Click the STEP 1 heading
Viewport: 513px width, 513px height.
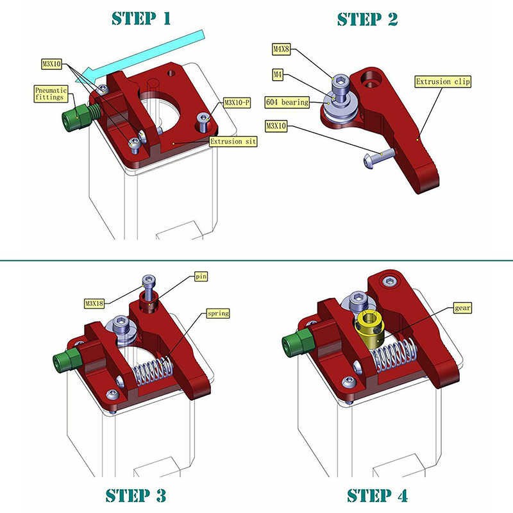click(141, 19)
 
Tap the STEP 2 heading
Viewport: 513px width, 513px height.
click(367, 19)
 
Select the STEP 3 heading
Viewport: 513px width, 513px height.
click(136, 495)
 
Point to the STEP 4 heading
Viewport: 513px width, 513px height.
click(377, 495)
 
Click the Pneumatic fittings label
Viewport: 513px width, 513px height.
click(51, 94)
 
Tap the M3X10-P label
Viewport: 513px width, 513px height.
click(237, 103)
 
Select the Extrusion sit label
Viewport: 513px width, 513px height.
click(233, 141)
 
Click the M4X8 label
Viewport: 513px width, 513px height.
click(282, 49)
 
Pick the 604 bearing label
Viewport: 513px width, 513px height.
click(287, 102)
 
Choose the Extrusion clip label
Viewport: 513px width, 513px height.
click(443, 81)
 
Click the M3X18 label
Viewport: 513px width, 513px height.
click(94, 303)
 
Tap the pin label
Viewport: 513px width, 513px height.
click(201, 276)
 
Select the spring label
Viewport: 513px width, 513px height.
click(218, 314)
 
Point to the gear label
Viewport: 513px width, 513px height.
click(462, 308)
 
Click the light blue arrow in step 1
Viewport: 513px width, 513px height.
click(143, 57)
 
